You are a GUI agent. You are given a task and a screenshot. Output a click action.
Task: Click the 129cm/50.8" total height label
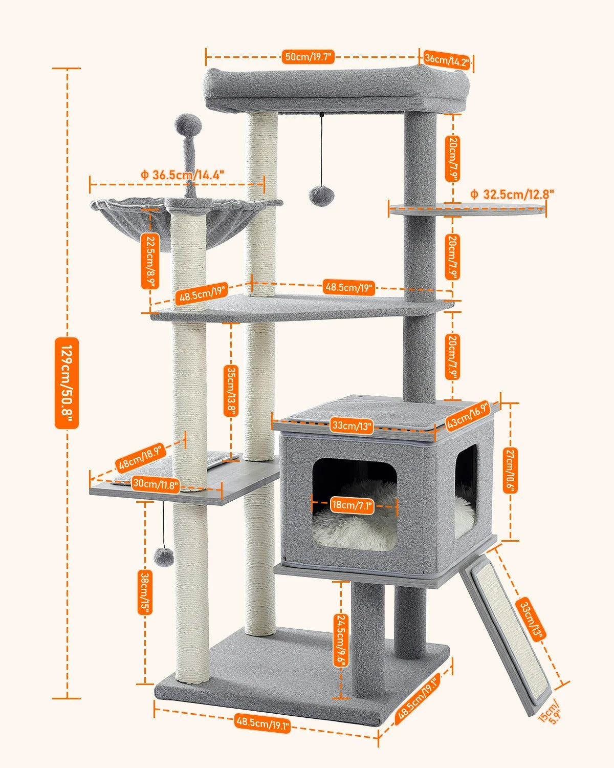[67, 382]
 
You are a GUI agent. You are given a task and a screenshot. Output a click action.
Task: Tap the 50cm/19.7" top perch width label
[308, 57]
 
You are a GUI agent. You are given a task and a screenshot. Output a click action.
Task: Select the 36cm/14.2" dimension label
[447, 60]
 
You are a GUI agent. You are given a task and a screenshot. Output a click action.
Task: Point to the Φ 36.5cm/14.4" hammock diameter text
[183, 175]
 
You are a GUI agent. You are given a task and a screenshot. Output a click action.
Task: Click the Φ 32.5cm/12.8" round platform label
[512, 194]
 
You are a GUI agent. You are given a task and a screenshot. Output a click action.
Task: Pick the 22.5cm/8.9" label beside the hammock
[150, 261]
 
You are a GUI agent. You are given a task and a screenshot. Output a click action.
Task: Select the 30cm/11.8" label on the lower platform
[156, 483]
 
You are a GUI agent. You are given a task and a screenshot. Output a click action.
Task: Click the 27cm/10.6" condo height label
[510, 470]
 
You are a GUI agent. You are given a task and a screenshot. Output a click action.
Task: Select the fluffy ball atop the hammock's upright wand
[188, 124]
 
